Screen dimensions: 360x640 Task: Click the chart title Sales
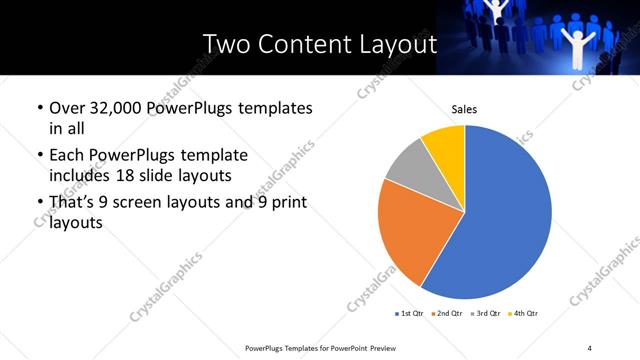[464, 109]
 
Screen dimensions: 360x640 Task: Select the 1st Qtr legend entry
[410, 314]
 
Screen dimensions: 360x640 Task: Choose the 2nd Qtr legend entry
[447, 314]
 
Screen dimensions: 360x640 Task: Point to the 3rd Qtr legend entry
[484, 314]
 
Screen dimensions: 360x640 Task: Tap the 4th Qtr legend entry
[523, 314]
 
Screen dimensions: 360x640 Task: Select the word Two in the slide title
[225, 45]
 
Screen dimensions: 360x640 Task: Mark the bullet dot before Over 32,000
[39, 108]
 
